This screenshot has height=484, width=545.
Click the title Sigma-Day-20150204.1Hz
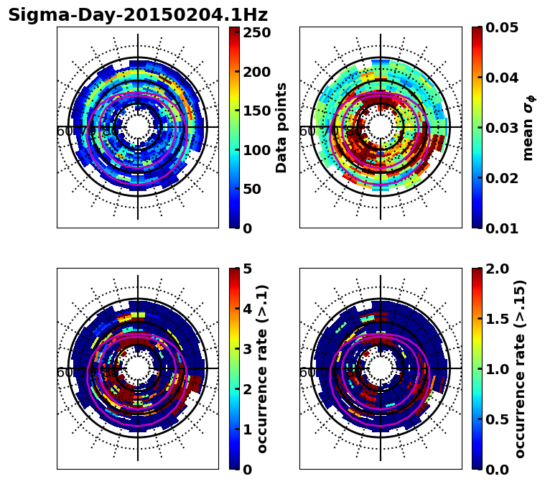click(137, 15)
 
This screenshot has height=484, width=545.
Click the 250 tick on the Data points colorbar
click(256, 33)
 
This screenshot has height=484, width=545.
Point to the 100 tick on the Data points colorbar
click(256, 150)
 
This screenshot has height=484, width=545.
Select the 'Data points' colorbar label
click(281, 127)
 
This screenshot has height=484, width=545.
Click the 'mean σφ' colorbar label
click(528, 128)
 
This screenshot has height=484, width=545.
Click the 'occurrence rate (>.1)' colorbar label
click(262, 368)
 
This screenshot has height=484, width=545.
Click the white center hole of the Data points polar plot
click(138, 127)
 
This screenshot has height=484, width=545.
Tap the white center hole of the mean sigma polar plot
click(381, 127)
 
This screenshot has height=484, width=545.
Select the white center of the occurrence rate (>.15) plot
click(381, 368)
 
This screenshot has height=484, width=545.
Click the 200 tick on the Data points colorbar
click(256, 72)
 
